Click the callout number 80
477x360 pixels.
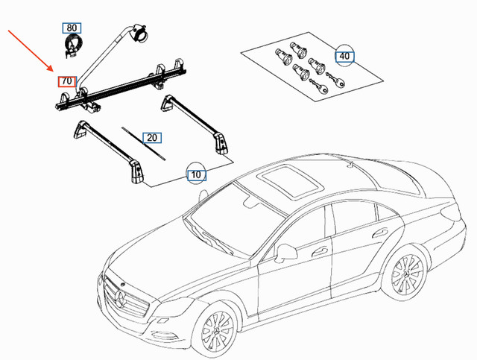click(x=72, y=28)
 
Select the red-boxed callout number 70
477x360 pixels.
click(x=67, y=80)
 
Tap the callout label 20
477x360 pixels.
click(x=153, y=138)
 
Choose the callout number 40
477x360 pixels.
click(x=344, y=56)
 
